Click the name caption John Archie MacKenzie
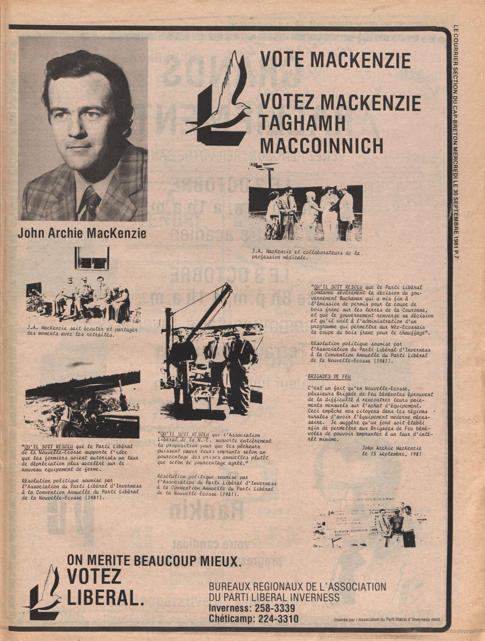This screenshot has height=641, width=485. pyautogui.click(x=82, y=233)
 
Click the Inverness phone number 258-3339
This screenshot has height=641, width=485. pyautogui.click(x=270, y=608)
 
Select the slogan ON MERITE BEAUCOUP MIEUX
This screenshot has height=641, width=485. pyautogui.click(x=154, y=561)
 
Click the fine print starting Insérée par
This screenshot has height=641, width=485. pyautogui.click(x=388, y=619)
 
